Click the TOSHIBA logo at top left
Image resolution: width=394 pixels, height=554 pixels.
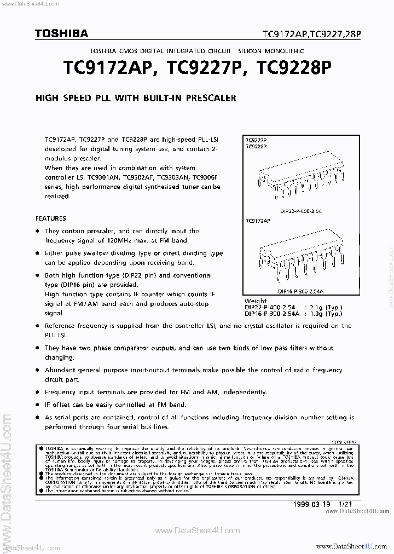pos(62,33)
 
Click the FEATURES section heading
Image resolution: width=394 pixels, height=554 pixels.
pos(51,218)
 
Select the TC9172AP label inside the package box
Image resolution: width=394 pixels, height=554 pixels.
pos(259,220)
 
